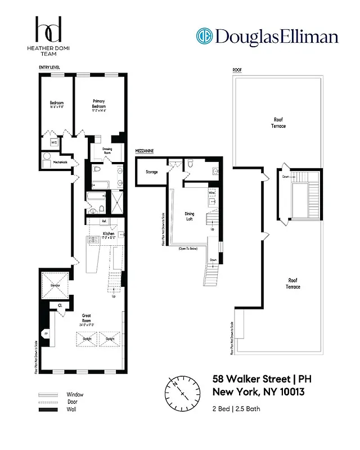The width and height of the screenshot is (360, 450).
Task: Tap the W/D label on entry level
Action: [x=55, y=142]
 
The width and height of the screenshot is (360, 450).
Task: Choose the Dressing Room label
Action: [x=107, y=151]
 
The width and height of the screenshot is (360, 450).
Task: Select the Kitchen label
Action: [x=109, y=233]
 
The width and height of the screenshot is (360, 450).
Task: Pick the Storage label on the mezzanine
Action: [x=151, y=172]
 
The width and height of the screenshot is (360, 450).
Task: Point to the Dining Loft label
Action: [x=193, y=215]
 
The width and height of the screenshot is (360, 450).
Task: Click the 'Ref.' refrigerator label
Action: [x=105, y=221]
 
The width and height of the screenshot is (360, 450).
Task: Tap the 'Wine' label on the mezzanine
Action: [x=212, y=192]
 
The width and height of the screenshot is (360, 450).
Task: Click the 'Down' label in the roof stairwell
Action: [x=285, y=176]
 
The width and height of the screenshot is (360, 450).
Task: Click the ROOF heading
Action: [x=237, y=70]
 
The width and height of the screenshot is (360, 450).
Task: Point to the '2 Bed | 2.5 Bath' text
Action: [x=236, y=408]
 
